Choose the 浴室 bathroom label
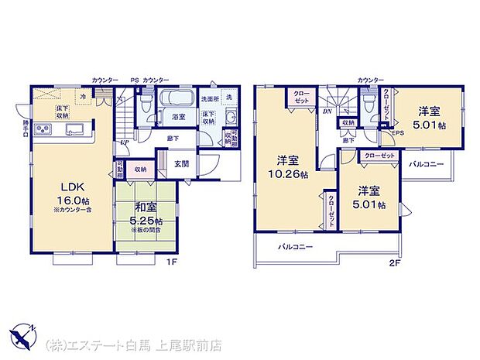177,117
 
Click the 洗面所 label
208,100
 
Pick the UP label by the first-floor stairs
124,143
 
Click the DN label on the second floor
328,111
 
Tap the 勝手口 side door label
26,127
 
